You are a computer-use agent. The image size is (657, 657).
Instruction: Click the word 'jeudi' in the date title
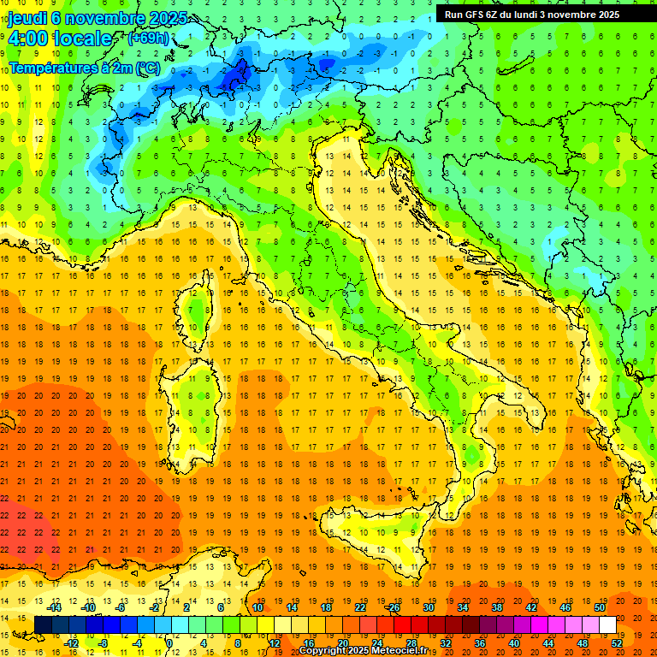click(28, 19)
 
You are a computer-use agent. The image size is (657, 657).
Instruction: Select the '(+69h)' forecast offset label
click(148, 38)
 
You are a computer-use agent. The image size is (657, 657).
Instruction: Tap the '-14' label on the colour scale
click(55, 607)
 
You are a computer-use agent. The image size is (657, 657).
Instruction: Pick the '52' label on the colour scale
click(617, 642)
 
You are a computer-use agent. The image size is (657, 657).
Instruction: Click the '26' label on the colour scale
click(394, 607)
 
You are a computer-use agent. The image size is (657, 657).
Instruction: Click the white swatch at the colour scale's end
click(607, 625)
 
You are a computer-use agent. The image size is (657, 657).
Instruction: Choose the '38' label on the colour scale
click(496, 607)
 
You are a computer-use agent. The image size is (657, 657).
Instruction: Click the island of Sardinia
click(195, 402)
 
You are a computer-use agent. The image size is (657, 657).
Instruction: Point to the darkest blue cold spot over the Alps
click(233, 77)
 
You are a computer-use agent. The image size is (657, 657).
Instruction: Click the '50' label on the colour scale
click(599, 607)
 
